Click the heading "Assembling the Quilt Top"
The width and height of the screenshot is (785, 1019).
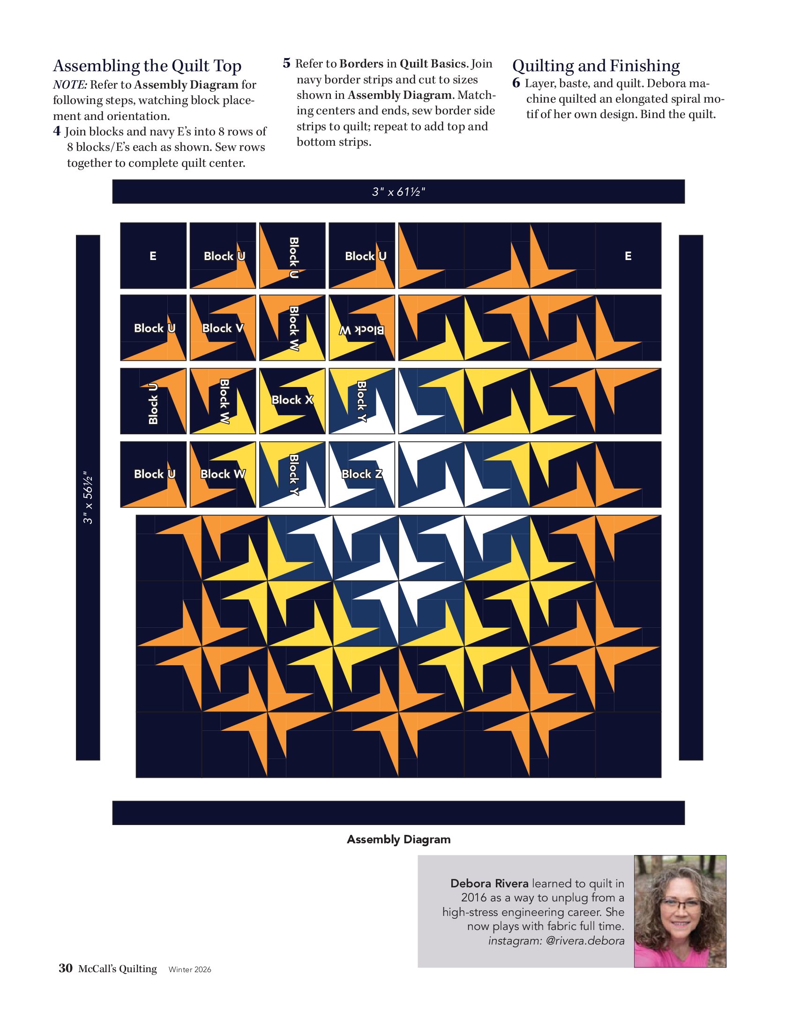[147, 66]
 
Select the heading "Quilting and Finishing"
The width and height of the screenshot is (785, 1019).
[596, 66]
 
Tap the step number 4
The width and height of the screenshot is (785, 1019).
[57, 131]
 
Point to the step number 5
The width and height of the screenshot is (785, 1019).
[286, 63]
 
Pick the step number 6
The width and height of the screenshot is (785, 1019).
[516, 83]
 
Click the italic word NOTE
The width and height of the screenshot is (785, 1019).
[70, 85]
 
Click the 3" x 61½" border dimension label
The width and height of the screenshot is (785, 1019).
[398, 192]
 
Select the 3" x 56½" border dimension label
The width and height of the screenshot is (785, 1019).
[88, 497]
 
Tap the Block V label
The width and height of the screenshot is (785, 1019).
[223, 328]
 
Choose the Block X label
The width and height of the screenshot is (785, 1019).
[292, 400]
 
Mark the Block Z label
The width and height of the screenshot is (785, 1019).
[362, 474]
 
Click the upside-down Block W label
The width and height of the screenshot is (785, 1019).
[362, 330]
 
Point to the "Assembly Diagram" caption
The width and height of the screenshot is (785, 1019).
[399, 839]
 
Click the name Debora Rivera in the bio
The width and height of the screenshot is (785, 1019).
[489, 883]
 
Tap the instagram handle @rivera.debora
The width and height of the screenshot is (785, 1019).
[585, 941]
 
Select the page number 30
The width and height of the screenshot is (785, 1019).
[66, 968]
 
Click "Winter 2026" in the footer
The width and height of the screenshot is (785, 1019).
[190, 969]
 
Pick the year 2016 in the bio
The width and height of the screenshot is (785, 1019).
[474, 898]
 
